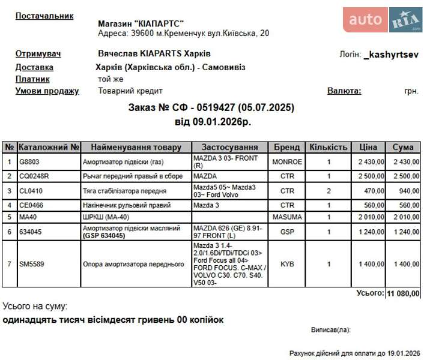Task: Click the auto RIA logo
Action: coord(383,20)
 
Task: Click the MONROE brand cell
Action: coord(287,161)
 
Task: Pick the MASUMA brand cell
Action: coord(287,217)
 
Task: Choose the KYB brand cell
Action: coord(287,264)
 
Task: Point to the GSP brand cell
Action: coord(287,232)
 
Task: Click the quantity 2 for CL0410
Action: coord(329,191)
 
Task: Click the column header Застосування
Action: coord(229,147)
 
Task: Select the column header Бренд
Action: coord(287,147)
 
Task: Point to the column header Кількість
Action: coord(329,147)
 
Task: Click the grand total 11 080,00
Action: coord(403,293)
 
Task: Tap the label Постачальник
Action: coord(44,16)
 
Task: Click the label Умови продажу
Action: coord(47,91)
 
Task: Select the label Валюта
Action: coord(344,91)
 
